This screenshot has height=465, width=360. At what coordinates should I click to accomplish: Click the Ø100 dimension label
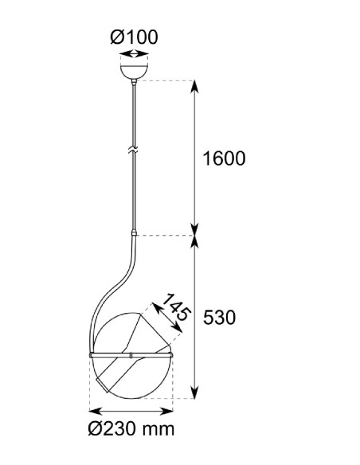(x=134, y=37)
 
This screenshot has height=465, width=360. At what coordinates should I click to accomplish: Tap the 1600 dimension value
(x=224, y=158)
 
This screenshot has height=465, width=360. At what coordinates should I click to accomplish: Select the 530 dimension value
(x=219, y=318)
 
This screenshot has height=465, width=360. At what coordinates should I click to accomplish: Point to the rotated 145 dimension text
(x=176, y=307)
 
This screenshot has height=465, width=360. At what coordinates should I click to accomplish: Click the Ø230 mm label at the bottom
(x=131, y=429)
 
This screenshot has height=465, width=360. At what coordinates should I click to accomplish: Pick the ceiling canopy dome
(x=134, y=72)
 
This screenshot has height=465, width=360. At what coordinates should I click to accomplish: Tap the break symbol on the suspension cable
(x=134, y=150)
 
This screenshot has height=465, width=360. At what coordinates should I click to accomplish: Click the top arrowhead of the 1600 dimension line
(x=194, y=86)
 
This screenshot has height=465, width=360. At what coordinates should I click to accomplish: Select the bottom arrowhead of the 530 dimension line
(x=194, y=392)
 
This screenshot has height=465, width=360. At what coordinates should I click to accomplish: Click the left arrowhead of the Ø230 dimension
(x=96, y=411)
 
